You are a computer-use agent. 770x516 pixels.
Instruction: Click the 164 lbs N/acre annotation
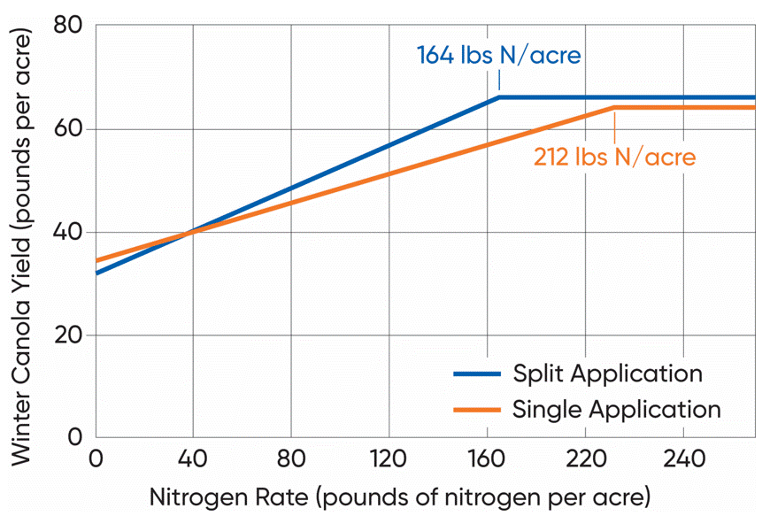(x=498, y=56)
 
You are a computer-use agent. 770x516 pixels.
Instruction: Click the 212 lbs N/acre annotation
(x=614, y=157)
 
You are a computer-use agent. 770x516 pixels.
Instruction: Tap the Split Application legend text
(x=607, y=374)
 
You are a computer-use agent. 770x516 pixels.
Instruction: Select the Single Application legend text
(x=616, y=410)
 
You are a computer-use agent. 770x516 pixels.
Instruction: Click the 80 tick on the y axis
(x=71, y=27)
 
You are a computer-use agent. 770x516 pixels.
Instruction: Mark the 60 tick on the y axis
(x=71, y=129)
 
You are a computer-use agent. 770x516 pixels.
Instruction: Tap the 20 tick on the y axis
(x=71, y=335)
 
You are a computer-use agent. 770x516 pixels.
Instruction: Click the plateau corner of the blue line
(x=499, y=97)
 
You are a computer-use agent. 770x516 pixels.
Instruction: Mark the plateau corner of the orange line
(x=614, y=108)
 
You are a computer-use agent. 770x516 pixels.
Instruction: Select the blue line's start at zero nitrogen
(x=96, y=273)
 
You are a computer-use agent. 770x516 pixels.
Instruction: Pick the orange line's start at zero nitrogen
(x=96, y=260)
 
